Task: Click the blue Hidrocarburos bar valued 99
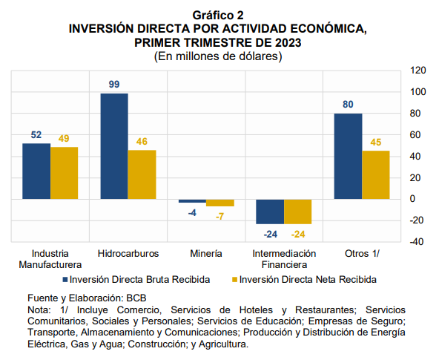coord(114,146)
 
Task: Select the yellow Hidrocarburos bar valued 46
coord(142,174)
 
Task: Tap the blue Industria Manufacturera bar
coord(36,171)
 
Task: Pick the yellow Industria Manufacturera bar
coord(64,173)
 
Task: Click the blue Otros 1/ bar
coord(348,157)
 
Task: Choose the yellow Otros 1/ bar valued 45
coord(376,175)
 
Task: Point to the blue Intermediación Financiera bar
coord(270,212)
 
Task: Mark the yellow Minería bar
coord(220,203)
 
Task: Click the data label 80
coord(348,105)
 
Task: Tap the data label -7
coord(219,217)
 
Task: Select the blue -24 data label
coord(271,235)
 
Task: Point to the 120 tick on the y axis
coord(418,71)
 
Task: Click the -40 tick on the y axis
coord(417,242)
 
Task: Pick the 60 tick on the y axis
coord(415,135)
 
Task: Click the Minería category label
coord(206,254)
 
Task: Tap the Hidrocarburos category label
coord(128,254)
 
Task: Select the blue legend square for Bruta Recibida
coord(65,280)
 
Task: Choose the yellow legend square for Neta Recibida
coord(235,280)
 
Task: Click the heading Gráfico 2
coord(218,16)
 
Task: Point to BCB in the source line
coord(136,298)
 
